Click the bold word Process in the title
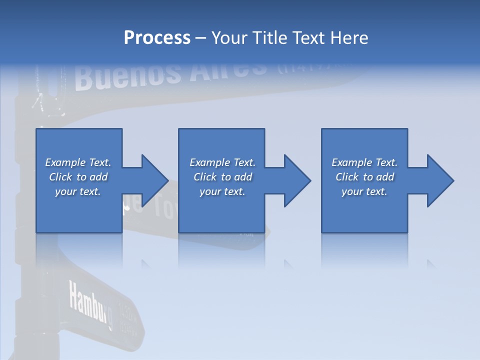(x=157, y=37)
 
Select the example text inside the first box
(x=78, y=177)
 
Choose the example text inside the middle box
(x=222, y=177)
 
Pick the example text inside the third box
(x=364, y=177)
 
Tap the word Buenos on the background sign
(x=127, y=75)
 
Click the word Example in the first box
(x=65, y=162)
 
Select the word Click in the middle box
(x=204, y=177)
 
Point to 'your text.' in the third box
(x=364, y=191)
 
